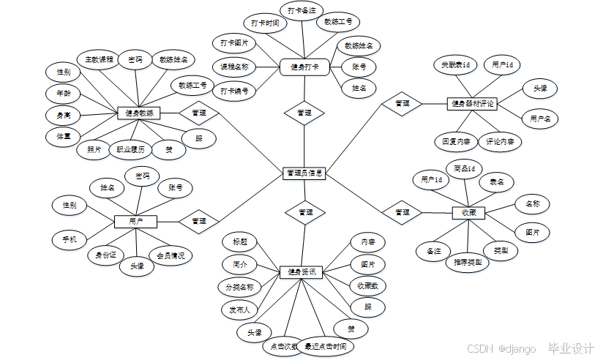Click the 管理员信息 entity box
click(304, 173)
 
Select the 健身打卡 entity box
click(302, 67)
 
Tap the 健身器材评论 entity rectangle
click(472, 104)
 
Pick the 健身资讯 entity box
click(301, 272)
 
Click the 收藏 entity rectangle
click(468, 212)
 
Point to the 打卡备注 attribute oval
click(301, 10)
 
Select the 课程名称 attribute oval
click(234, 67)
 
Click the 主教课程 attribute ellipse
click(100, 59)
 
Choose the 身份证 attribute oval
click(102, 255)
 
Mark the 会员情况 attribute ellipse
click(171, 255)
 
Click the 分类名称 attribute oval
click(239, 288)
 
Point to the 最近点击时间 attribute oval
click(325, 346)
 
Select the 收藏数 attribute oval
click(367, 285)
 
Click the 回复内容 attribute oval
click(455, 141)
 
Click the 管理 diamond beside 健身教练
click(198, 113)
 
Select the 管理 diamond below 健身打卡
click(304, 113)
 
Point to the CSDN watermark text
click(479, 348)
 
